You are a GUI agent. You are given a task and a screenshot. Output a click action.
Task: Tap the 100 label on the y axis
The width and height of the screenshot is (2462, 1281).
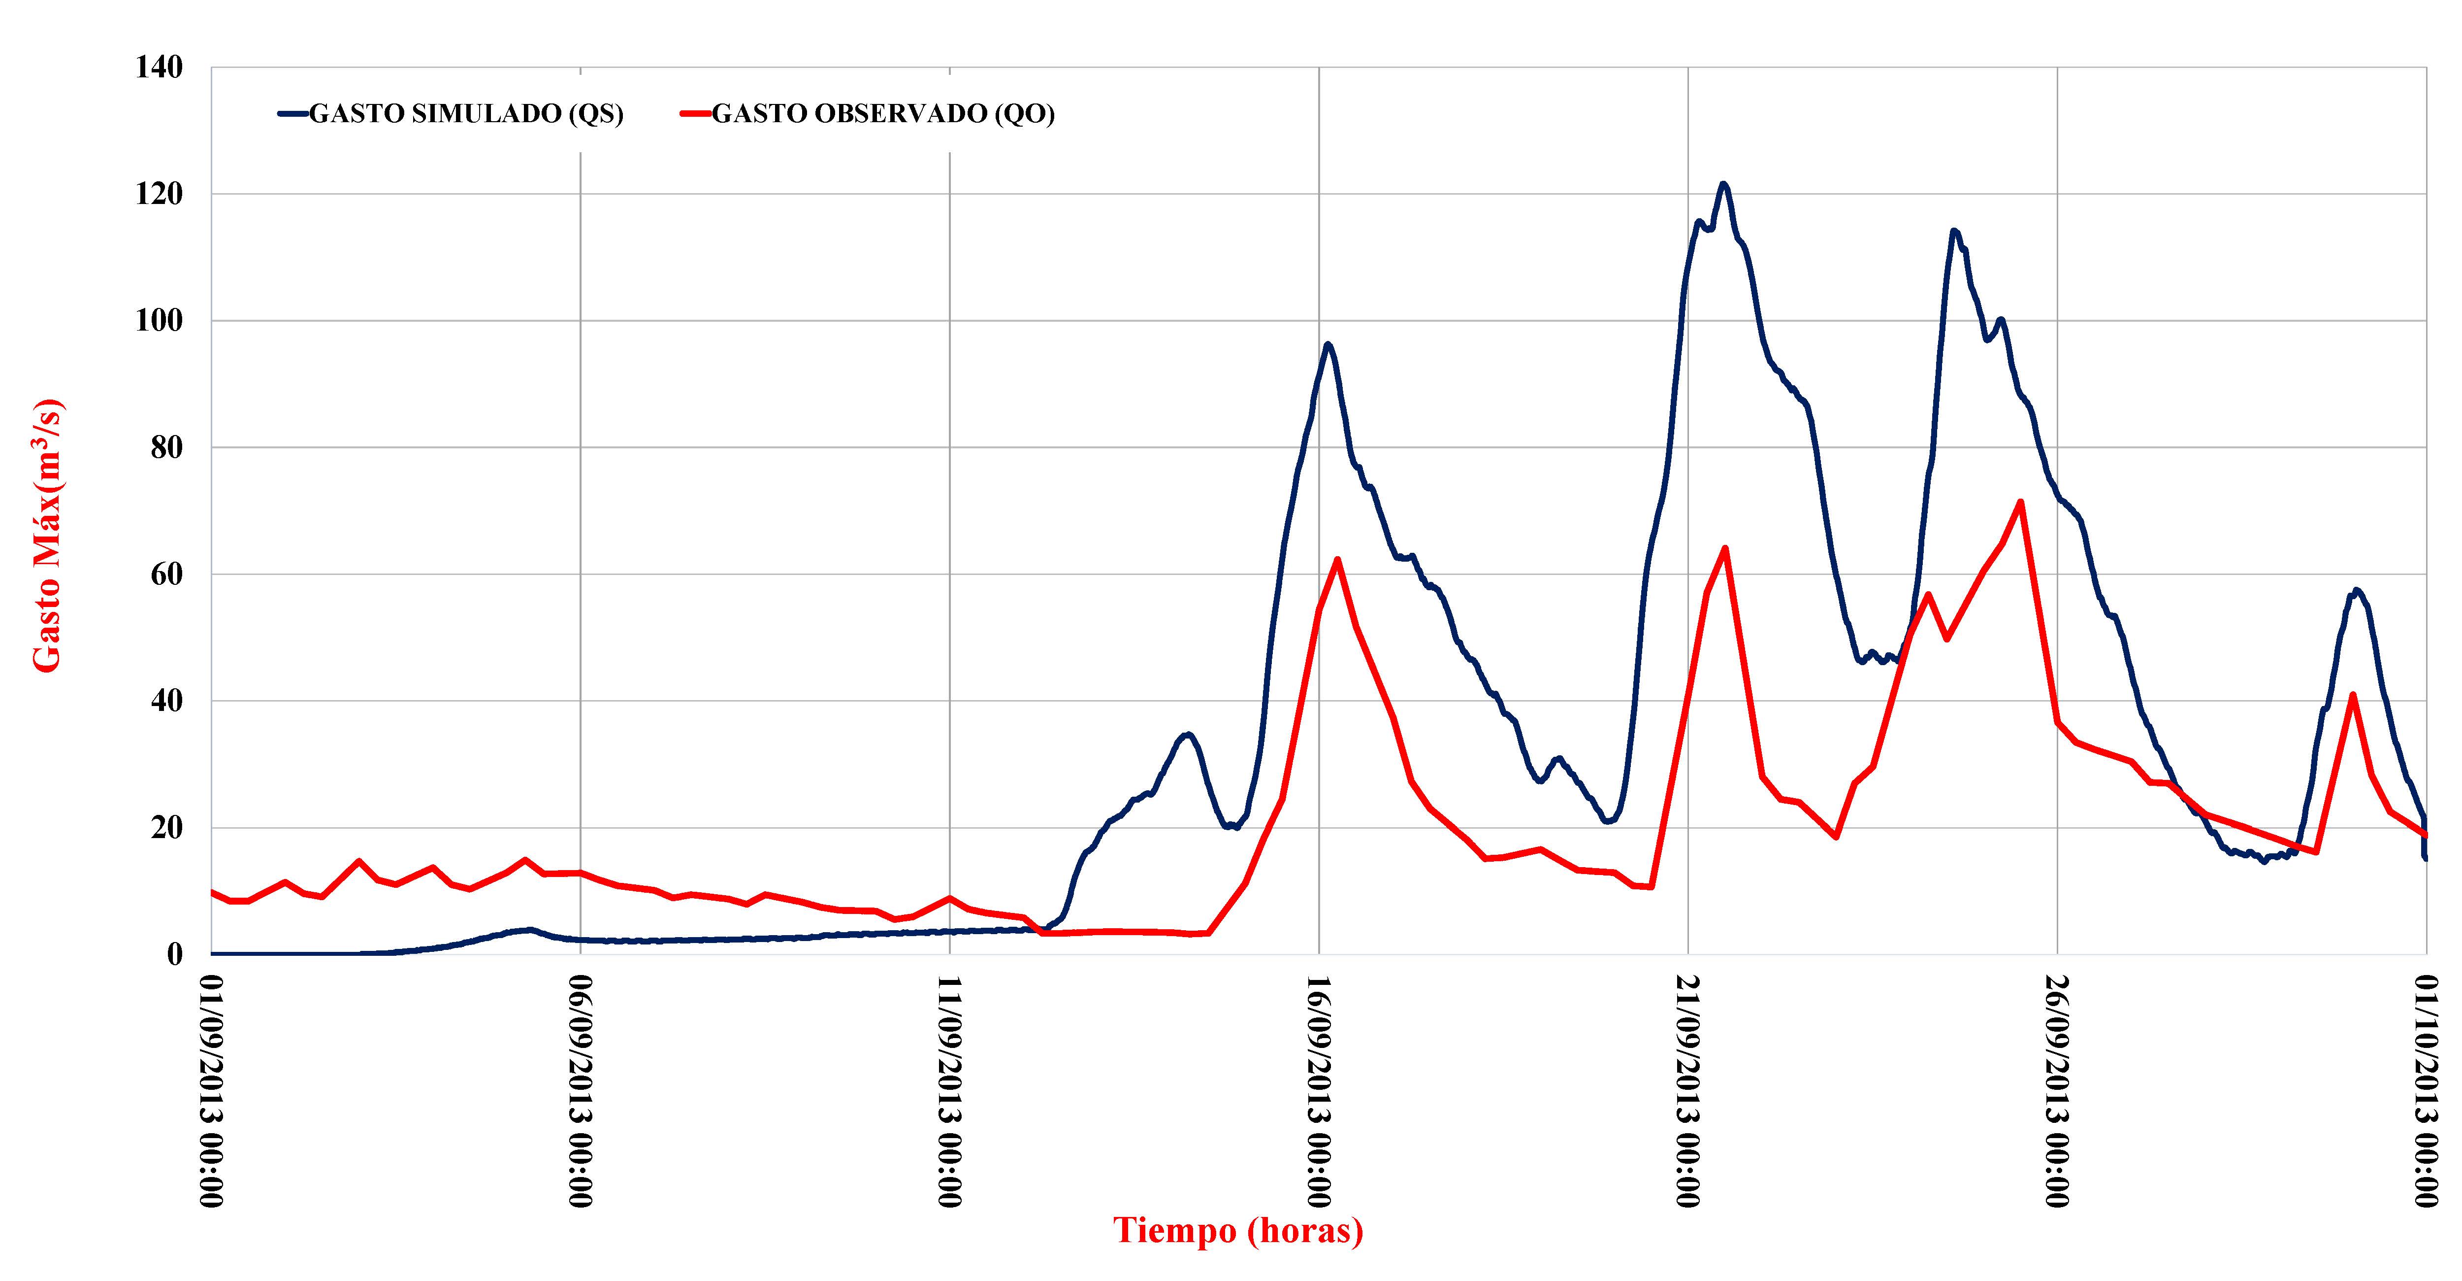click(159, 320)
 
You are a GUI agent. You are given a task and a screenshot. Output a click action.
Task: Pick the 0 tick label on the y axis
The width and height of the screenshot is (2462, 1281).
click(174, 954)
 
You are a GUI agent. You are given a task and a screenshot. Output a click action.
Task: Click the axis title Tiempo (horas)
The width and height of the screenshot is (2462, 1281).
click(1238, 1230)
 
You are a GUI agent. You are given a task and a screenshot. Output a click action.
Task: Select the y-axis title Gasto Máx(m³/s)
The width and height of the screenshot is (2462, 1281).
click(48, 536)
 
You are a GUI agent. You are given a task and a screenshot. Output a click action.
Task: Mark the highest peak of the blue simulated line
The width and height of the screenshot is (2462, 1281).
click(1723, 184)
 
